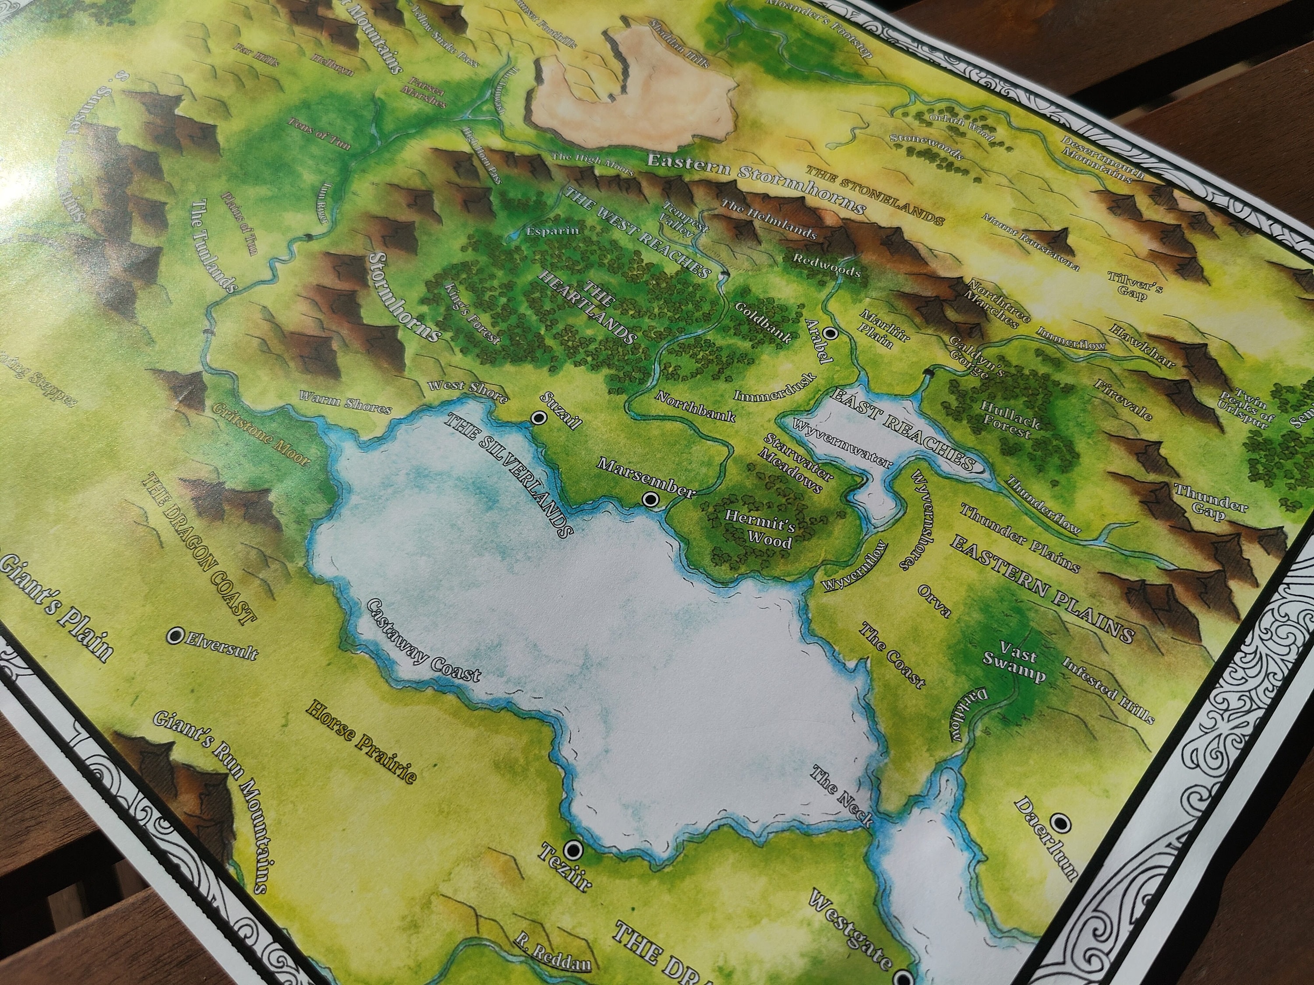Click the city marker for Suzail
tap(539, 417)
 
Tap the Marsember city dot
tap(651, 500)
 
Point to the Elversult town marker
tap(175, 636)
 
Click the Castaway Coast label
tap(423, 648)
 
